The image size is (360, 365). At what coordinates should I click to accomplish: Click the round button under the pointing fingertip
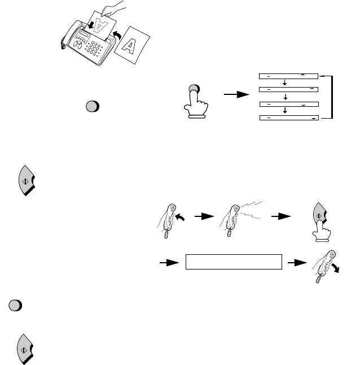[x=195, y=89]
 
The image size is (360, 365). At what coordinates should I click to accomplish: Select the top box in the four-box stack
[x=288, y=75]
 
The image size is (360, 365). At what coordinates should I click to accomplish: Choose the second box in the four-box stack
[x=288, y=89]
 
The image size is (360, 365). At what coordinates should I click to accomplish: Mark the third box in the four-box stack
[x=288, y=104]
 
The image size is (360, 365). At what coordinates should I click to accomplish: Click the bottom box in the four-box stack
[x=288, y=118]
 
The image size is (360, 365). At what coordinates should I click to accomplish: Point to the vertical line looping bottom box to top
[x=333, y=97]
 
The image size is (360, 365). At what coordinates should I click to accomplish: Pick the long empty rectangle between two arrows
[x=234, y=263]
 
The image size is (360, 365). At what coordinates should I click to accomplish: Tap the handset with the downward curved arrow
[x=320, y=264]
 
